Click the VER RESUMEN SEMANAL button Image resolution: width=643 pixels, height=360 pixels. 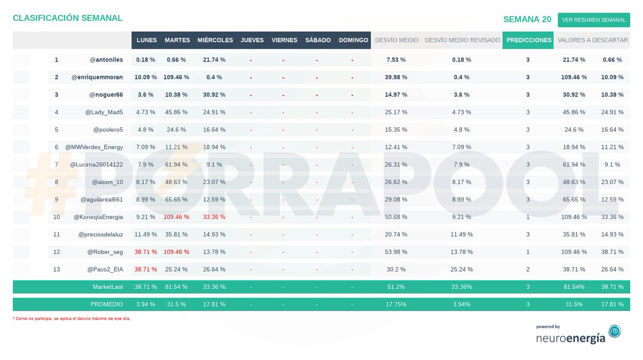[594, 20]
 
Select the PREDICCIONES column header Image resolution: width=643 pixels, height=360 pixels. [528, 40]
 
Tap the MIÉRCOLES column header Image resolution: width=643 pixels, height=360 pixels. [215, 40]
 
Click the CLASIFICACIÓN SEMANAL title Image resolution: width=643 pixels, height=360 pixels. [68, 18]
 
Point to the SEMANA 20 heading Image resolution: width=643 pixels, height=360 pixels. [527, 19]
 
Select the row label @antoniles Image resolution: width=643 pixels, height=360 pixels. [106, 59]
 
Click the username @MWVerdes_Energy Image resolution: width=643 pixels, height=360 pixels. [94, 147]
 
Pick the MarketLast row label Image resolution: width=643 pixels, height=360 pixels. [108, 287]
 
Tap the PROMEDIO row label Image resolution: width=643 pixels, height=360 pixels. [107, 304]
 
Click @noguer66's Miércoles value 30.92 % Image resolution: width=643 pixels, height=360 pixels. [214, 95]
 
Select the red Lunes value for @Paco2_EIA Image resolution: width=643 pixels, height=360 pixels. [146, 269]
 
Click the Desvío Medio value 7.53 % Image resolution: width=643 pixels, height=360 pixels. [396, 59]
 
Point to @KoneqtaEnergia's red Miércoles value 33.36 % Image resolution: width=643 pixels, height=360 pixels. [214, 217]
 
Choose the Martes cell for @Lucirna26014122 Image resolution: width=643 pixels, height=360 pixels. [176, 164]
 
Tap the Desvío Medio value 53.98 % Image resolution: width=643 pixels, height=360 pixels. [396, 252]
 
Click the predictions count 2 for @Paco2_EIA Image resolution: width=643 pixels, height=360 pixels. [528, 269]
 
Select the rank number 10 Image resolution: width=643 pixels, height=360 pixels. [57, 217]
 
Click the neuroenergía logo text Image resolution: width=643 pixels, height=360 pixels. [571, 338]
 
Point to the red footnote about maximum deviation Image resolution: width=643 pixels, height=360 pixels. [71, 318]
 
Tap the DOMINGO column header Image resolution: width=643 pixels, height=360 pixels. [353, 40]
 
